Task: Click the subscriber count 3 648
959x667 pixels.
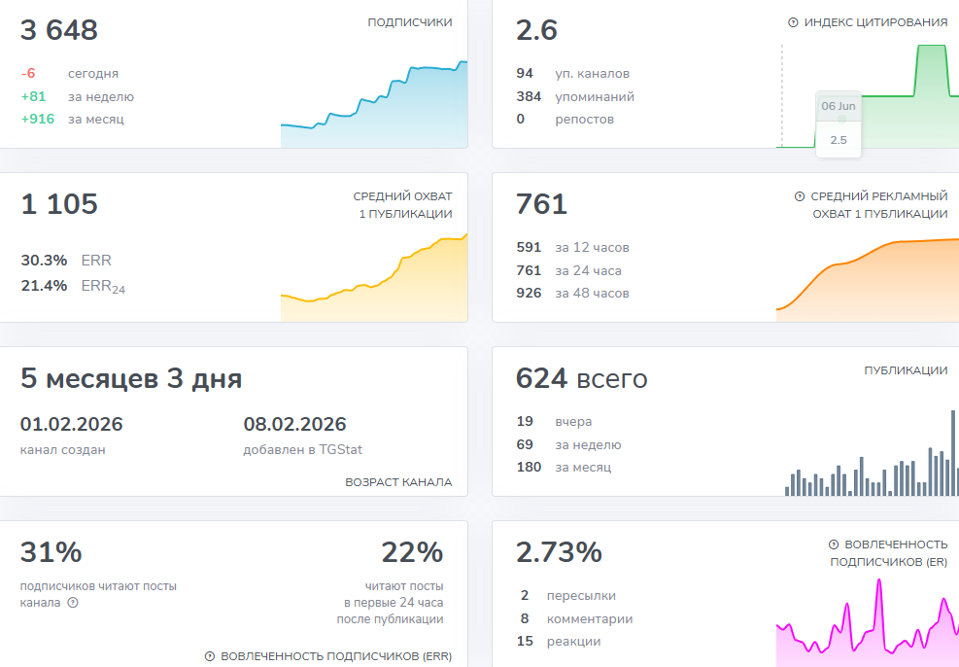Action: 58,30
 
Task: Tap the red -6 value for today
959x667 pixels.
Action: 28,74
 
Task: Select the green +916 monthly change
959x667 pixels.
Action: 38,119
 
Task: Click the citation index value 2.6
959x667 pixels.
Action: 536,30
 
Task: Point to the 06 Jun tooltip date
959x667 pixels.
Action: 839,106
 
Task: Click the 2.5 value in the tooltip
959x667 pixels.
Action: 839,140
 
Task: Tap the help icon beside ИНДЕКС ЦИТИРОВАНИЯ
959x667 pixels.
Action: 793,22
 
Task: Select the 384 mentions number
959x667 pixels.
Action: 529,96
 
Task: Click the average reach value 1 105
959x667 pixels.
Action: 58,204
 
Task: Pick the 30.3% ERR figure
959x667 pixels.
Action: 44,260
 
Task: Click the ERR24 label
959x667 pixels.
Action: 103,287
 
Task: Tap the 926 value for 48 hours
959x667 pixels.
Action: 529,293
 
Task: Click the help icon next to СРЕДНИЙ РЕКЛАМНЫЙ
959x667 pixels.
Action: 800,196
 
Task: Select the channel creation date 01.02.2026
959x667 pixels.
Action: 72,424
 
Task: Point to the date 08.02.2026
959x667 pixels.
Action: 294,424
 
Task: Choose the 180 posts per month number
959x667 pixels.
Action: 529,467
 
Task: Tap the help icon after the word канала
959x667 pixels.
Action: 73,603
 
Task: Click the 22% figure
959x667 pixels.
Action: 412,552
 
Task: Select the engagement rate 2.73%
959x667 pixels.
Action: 559,552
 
